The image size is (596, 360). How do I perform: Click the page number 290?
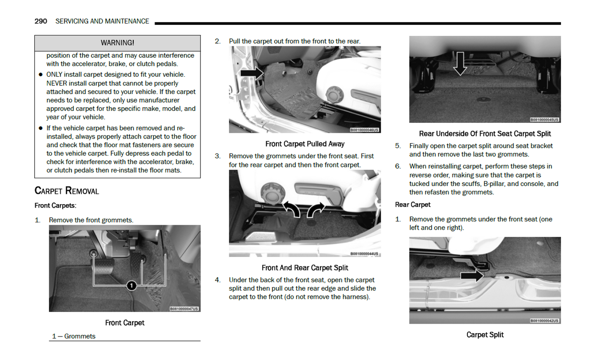[x=40, y=21]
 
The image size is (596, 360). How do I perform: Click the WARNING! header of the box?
[x=117, y=43]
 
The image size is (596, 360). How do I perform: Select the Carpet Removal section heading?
[x=67, y=191]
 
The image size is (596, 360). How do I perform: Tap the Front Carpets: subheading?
[x=55, y=205]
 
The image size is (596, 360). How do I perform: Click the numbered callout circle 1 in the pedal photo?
[x=131, y=285]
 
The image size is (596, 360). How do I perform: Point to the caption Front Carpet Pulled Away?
[x=305, y=144]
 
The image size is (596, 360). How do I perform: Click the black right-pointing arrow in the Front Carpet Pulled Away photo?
[x=252, y=73]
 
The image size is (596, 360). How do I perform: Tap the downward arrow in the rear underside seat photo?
[x=460, y=64]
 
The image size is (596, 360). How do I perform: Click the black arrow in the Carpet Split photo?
[x=472, y=275]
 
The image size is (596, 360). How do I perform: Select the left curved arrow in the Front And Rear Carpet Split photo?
[x=292, y=209]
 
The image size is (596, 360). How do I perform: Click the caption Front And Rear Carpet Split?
[x=305, y=268]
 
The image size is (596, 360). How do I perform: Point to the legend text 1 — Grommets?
[x=74, y=336]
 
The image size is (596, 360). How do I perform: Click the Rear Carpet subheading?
[x=412, y=205]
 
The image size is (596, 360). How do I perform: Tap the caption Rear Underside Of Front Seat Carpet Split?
[x=485, y=134]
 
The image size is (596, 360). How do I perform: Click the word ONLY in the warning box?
[x=55, y=75]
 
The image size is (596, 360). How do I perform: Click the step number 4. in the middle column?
[x=217, y=280]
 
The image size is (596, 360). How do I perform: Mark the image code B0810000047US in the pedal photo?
[x=184, y=308]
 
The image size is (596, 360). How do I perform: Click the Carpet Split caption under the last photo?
[x=485, y=335]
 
